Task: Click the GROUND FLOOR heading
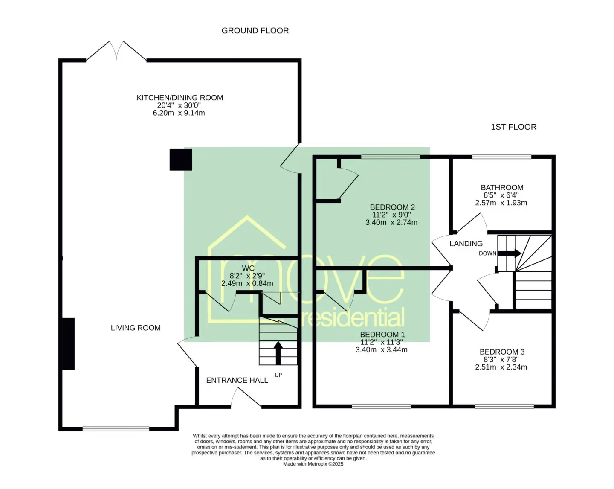tap(255, 31)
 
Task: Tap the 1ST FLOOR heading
tap(513, 127)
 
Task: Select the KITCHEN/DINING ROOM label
tap(180, 98)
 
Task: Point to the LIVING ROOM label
tap(136, 328)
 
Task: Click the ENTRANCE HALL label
tap(237, 380)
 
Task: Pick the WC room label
tap(248, 268)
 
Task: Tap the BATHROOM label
tap(502, 188)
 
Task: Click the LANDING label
tap(466, 243)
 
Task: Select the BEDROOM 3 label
tap(502, 352)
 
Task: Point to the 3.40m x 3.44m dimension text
tap(382, 349)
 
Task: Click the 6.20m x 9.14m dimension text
tap(179, 113)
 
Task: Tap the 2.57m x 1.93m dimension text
tap(501, 203)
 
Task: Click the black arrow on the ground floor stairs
tap(278, 353)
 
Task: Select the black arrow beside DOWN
tap(510, 253)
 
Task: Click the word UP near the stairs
tap(278, 375)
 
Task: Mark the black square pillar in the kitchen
tap(181, 160)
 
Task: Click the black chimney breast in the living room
tap(69, 344)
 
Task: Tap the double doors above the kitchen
tap(116, 51)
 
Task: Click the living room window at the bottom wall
tap(116, 429)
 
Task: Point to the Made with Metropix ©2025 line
tap(313, 464)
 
